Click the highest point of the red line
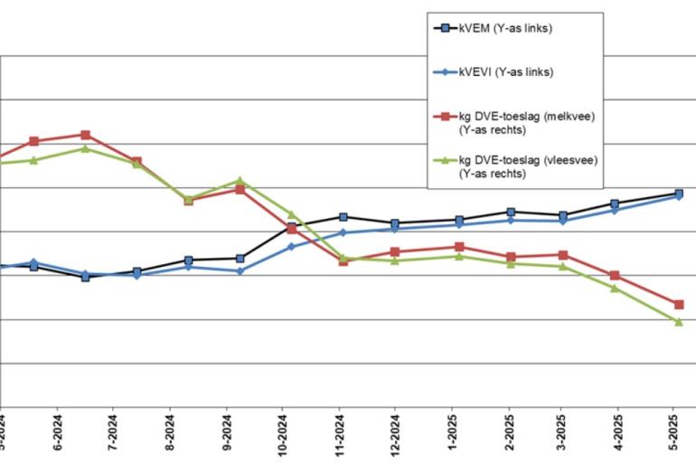[x=85, y=135]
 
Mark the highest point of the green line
[x=85, y=148]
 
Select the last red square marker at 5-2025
[x=678, y=305]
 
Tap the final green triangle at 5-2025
[x=678, y=321]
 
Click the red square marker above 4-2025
[x=615, y=275]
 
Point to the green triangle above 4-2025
[x=615, y=288]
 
